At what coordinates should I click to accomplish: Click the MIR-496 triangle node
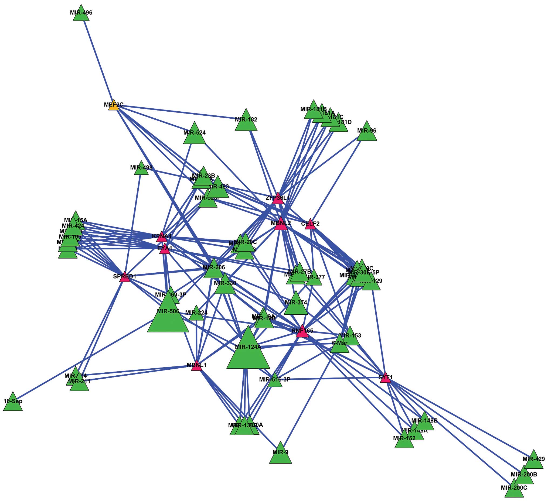coord(81,14)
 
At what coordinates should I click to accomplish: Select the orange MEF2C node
coord(114,105)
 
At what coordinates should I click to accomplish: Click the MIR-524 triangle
coord(194,135)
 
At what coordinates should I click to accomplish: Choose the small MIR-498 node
coord(141,169)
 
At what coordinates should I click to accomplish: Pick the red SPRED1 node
coord(125,277)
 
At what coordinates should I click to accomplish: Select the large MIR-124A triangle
coord(248,351)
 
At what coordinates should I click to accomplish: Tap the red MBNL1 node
coord(196,366)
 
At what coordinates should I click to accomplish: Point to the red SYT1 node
coord(386,378)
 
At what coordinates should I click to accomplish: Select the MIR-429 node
coord(534,461)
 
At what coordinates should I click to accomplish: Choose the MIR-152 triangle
coord(404,440)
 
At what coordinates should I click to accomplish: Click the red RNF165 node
coord(302,332)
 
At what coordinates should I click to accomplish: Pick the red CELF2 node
coord(310,225)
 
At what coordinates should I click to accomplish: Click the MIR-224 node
coord(196,314)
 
